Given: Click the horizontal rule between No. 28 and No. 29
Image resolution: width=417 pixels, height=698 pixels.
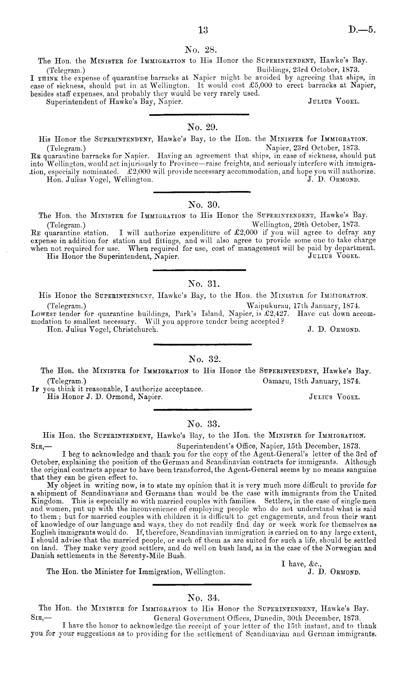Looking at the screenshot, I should pos(199,114).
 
